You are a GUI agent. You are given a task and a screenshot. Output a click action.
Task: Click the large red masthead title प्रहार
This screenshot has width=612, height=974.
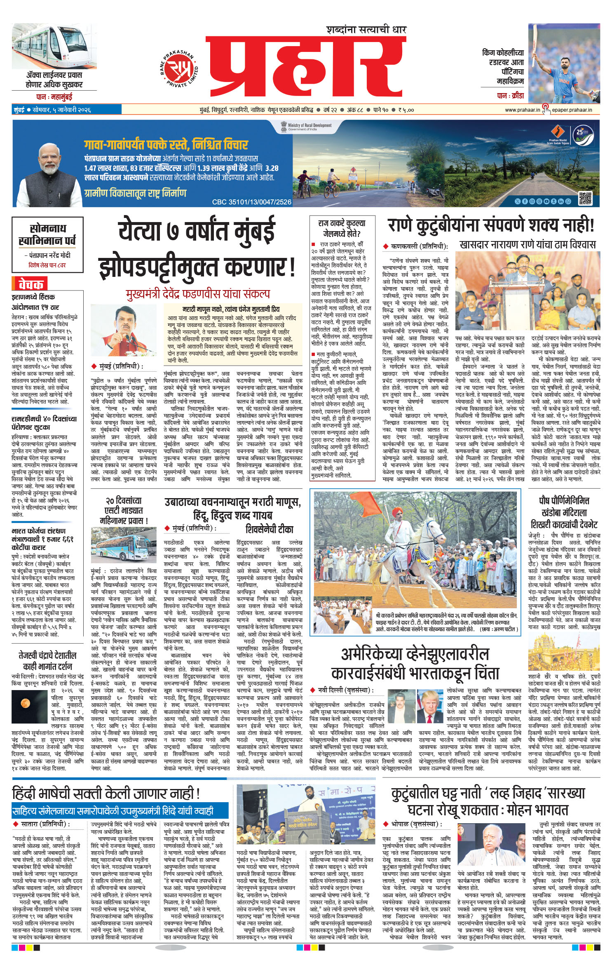(306, 69)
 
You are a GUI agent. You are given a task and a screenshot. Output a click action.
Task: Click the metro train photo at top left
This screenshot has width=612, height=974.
(54, 47)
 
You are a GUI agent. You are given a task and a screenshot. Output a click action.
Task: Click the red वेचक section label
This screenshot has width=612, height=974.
(30, 284)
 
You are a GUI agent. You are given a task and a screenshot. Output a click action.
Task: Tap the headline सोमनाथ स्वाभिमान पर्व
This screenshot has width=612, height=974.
(47, 234)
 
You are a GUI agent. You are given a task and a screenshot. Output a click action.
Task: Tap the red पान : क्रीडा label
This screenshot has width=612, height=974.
(510, 96)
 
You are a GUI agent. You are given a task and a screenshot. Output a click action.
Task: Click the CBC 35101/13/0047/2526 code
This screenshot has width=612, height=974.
(251, 202)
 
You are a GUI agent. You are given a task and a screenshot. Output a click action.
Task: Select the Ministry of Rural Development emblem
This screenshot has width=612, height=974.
(284, 126)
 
